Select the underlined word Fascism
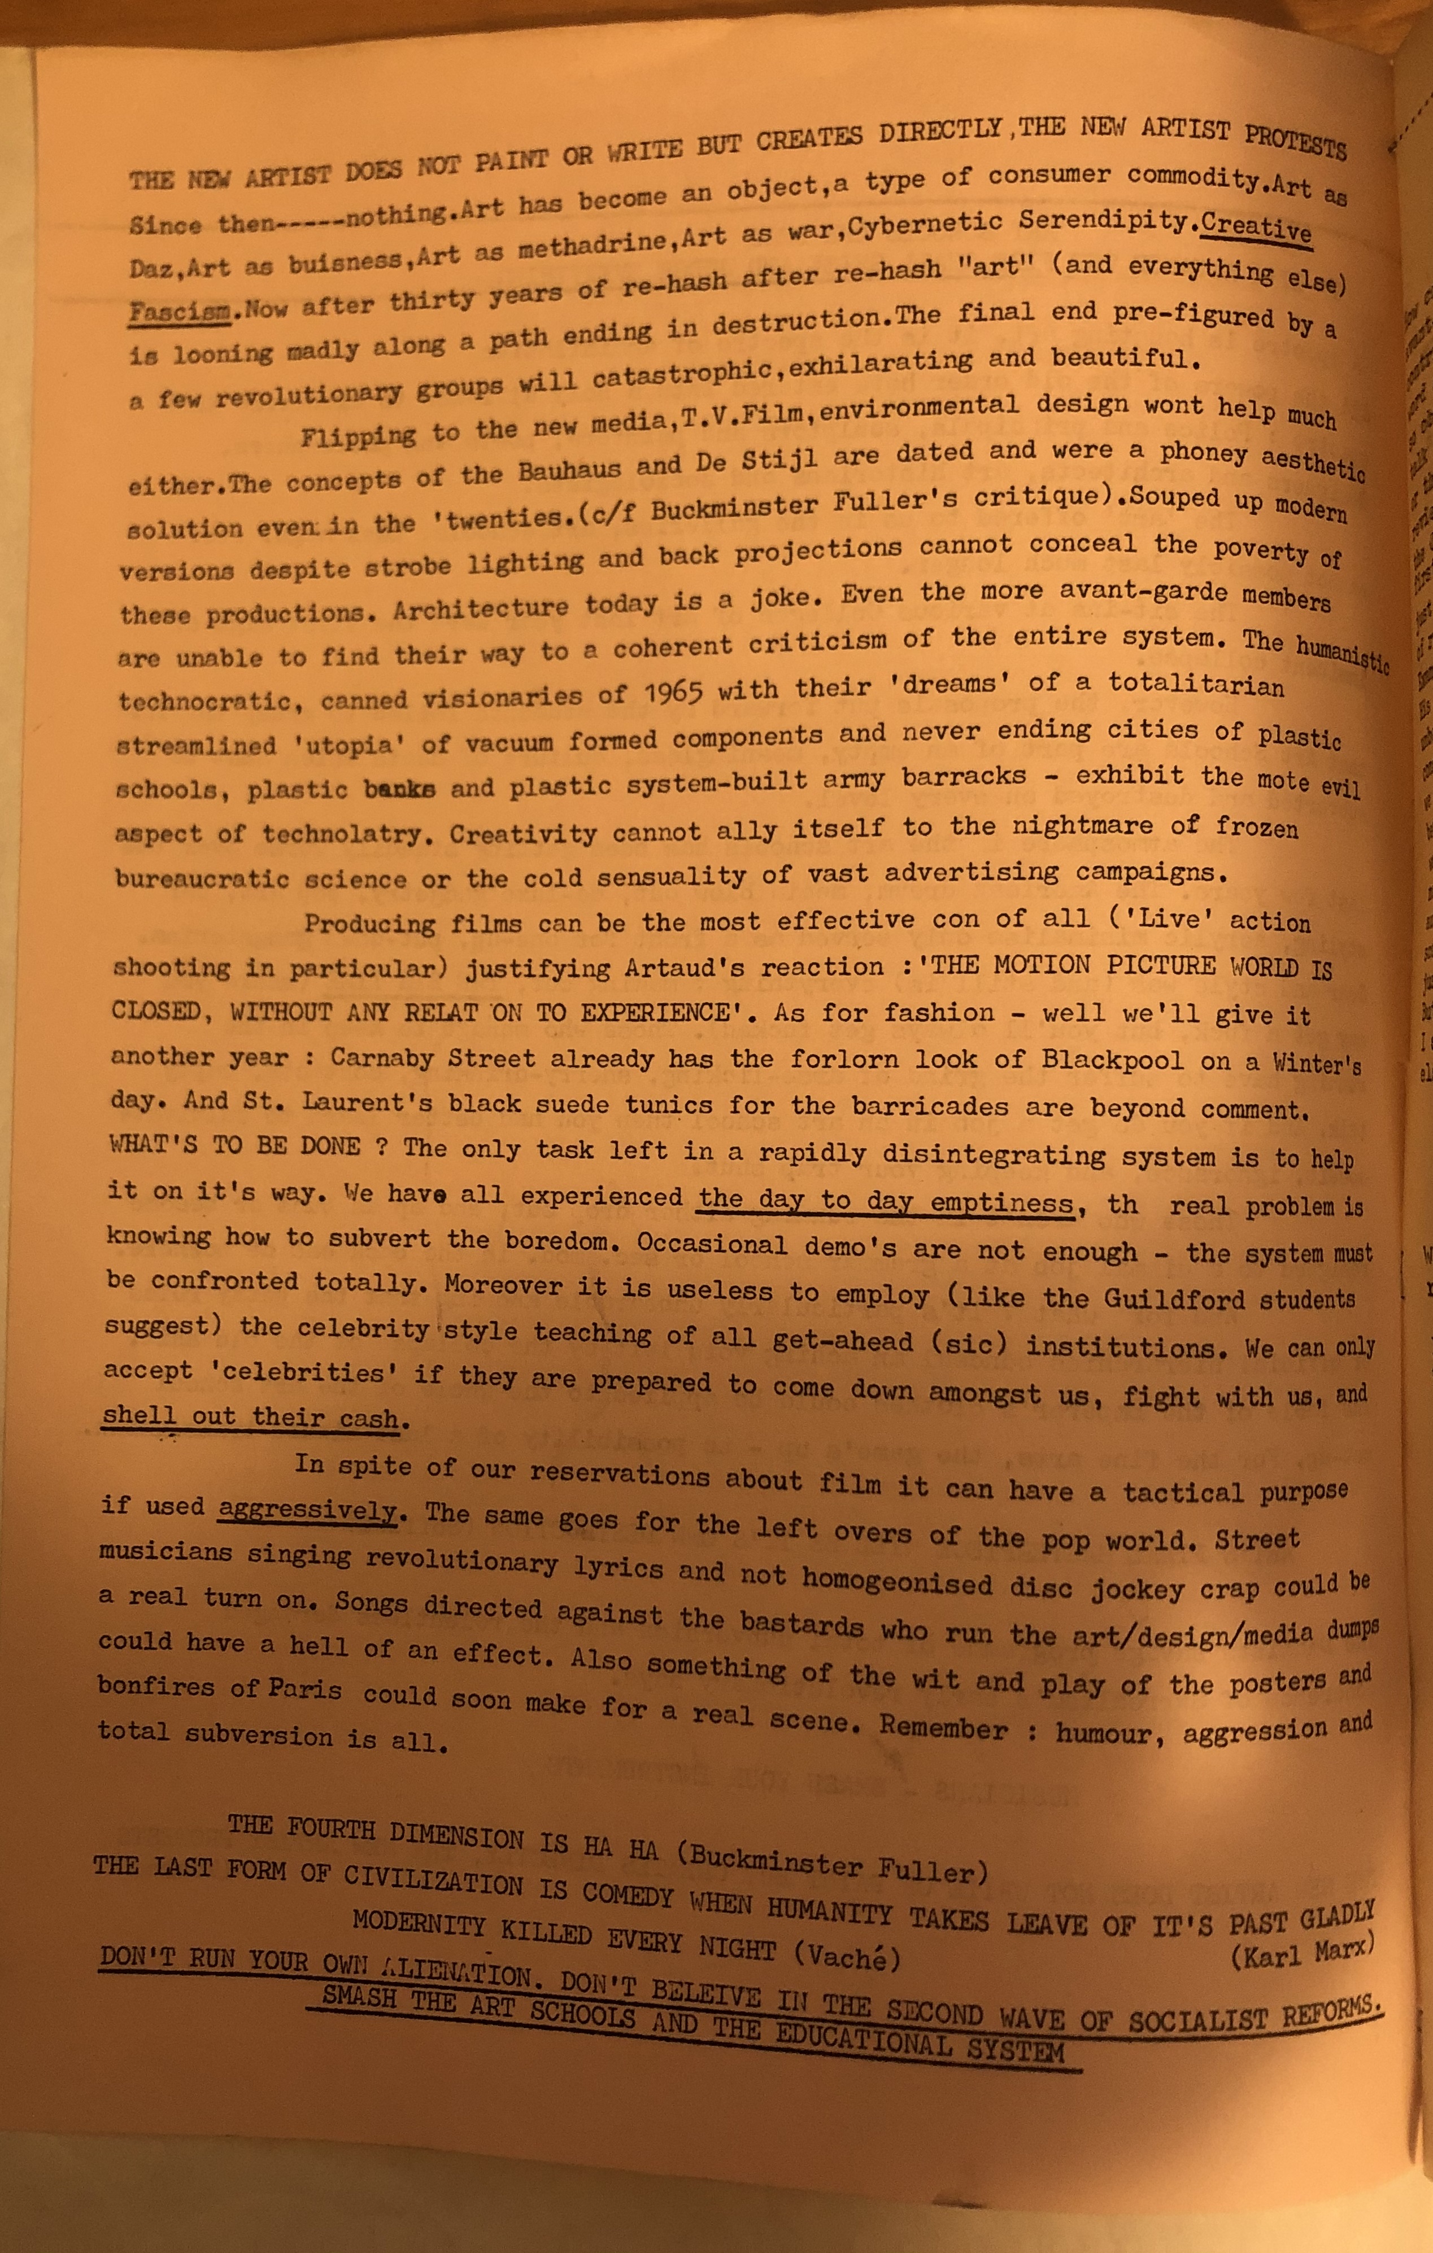point(179,310)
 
